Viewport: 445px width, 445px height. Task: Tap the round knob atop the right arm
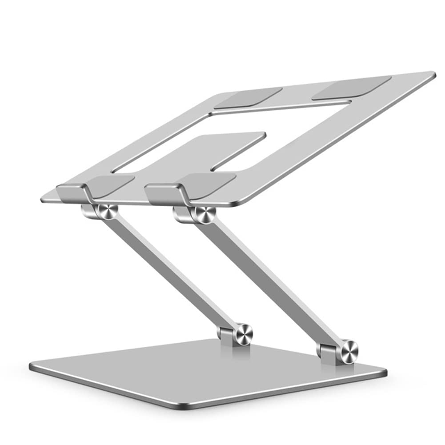coord(205,215)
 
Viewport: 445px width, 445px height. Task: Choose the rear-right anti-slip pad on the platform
coord(351,87)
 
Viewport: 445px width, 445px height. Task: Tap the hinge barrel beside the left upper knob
coord(89,211)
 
